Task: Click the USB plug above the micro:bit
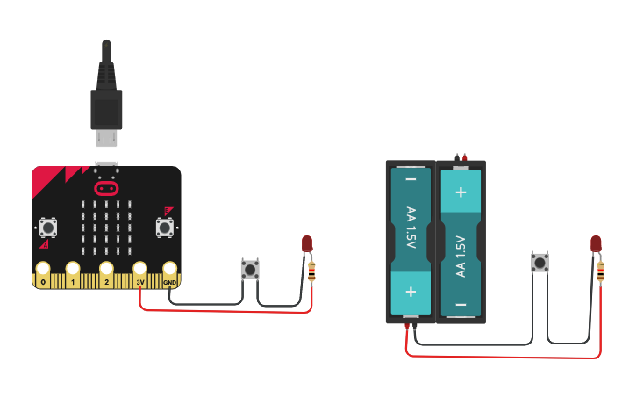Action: click(x=106, y=97)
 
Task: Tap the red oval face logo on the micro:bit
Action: click(x=106, y=188)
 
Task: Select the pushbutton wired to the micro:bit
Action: click(x=250, y=269)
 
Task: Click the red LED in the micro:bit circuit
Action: click(x=307, y=243)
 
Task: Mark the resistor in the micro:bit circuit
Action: click(x=311, y=272)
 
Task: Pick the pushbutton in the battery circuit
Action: click(x=540, y=262)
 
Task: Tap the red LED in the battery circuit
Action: click(x=597, y=243)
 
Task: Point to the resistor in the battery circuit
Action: click(x=600, y=272)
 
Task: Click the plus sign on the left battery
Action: click(x=411, y=291)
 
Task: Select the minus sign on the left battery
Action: click(x=411, y=179)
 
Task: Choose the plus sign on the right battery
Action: click(x=461, y=191)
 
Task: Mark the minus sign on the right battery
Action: click(x=461, y=305)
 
